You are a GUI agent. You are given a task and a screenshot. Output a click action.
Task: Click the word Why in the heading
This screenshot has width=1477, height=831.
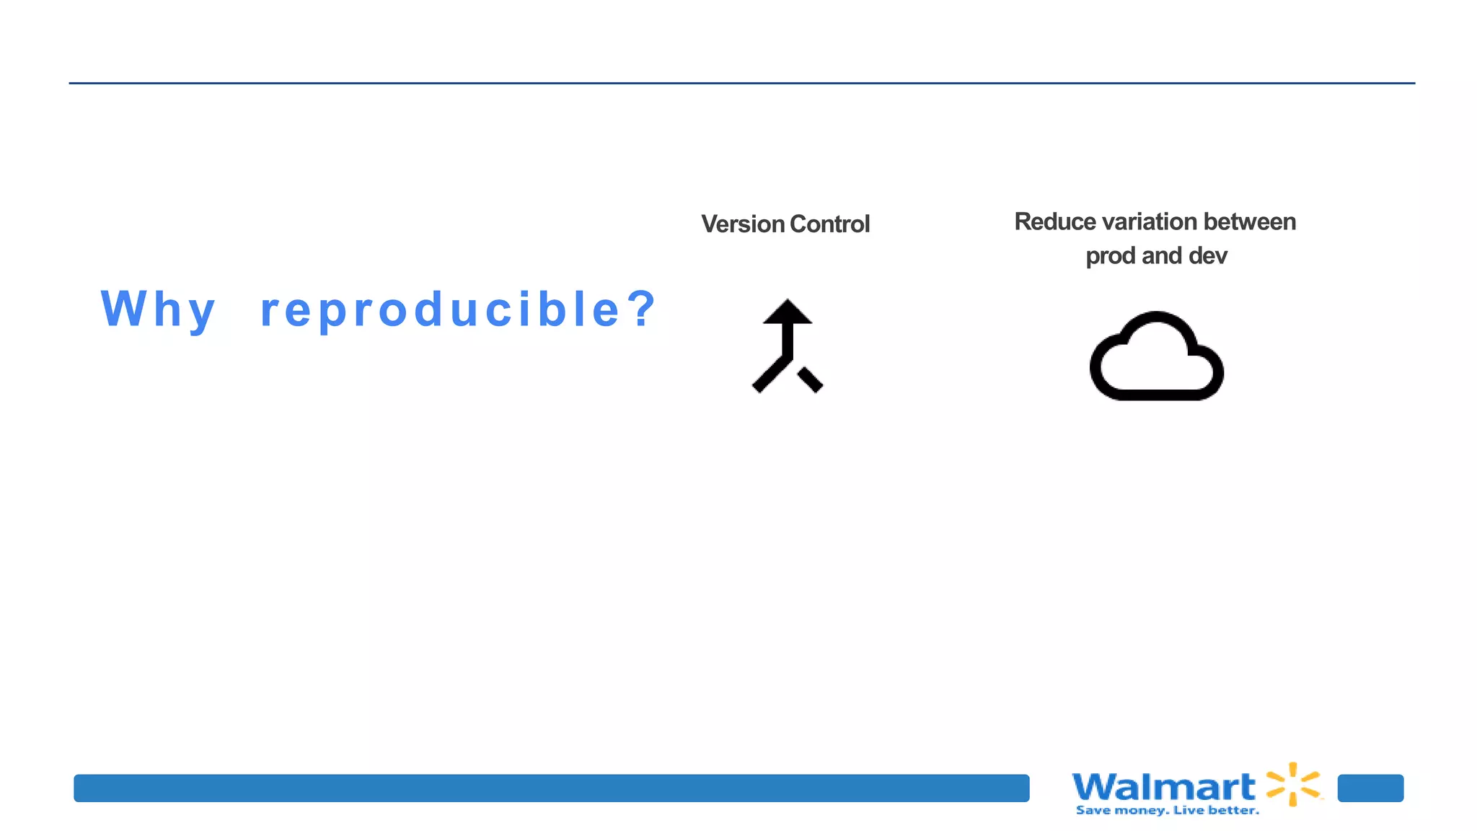158,309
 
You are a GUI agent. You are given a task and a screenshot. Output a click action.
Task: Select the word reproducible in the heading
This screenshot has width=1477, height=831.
440,309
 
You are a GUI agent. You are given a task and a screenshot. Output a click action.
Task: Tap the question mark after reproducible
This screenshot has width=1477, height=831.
640,308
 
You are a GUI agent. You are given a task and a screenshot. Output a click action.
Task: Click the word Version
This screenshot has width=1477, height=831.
743,224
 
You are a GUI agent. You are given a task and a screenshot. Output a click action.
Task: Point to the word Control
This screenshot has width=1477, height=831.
830,224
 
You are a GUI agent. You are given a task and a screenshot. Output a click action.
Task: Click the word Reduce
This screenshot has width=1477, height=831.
1055,221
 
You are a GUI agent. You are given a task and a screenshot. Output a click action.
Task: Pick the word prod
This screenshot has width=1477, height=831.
1111,256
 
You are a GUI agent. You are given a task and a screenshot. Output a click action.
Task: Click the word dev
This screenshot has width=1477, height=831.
1208,256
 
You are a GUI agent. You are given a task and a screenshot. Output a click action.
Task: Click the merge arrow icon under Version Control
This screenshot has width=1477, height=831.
788,346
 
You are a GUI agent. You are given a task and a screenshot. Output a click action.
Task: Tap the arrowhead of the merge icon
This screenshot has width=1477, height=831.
788,312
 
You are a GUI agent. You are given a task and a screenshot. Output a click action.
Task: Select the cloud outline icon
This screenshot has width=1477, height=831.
1156,356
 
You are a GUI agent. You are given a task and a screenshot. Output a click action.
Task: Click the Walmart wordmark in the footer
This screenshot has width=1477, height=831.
1163,786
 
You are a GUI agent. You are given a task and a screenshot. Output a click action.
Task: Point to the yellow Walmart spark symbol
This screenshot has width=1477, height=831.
1293,784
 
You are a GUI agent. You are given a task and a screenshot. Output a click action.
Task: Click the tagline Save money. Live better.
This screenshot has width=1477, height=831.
1167,811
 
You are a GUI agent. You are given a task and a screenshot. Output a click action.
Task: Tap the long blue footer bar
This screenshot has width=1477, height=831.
551,788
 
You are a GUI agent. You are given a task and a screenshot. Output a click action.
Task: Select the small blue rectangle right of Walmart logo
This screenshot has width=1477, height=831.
1370,788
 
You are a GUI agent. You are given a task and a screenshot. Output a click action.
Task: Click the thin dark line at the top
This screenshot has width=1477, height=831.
741,83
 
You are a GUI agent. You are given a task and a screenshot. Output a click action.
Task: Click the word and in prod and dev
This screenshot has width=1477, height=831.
1162,256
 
